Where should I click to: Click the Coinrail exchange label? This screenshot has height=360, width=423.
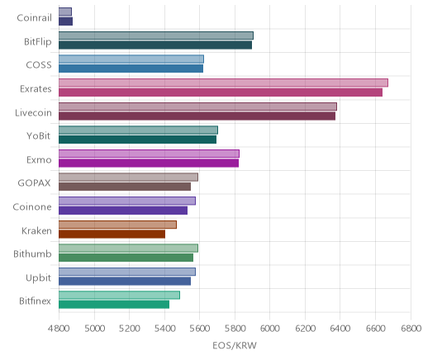[x=34, y=18]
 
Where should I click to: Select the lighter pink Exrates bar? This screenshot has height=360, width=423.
[x=223, y=83]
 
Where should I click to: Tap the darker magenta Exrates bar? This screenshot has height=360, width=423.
[x=221, y=92]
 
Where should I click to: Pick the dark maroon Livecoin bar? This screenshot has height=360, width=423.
[x=197, y=116]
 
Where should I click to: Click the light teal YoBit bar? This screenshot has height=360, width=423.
[x=138, y=130]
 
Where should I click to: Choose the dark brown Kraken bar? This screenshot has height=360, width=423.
[x=112, y=234]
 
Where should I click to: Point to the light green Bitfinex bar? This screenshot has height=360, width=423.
[x=119, y=296]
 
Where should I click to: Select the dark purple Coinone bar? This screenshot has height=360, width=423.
[x=123, y=211]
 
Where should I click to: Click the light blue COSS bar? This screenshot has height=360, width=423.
[x=131, y=59]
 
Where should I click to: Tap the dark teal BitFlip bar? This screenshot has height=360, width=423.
[x=155, y=45]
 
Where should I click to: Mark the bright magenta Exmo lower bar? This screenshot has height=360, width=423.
[x=149, y=163]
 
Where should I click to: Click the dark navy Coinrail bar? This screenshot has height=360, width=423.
[x=65, y=21]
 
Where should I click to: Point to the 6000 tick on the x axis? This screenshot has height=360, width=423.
[x=269, y=329]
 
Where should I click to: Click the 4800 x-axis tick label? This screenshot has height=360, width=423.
[x=59, y=329]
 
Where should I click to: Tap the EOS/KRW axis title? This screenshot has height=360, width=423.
[x=235, y=346]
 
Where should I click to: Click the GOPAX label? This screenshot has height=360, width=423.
[x=34, y=183]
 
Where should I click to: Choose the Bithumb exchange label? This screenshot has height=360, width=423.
[x=32, y=253]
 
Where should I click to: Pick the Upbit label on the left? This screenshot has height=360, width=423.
[x=38, y=278]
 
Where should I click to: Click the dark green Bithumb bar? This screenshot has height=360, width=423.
[x=126, y=258]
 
